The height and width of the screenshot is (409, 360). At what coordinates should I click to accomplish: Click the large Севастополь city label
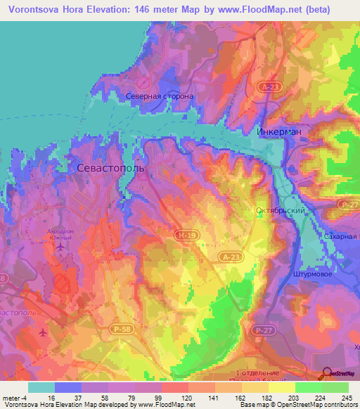110,169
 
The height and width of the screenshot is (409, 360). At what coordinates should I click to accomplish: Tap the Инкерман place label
279,132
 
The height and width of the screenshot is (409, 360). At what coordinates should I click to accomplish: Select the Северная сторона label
160,96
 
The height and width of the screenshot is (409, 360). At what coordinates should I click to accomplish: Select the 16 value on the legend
52,398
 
